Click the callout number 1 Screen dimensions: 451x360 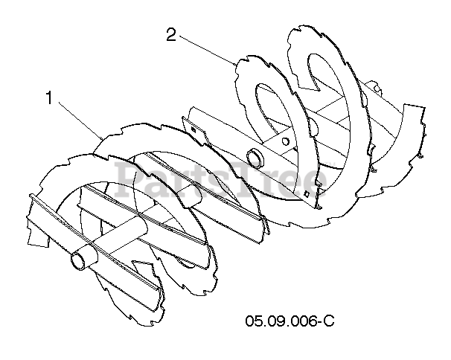pos(50,98)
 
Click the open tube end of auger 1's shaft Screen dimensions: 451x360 pos(77,261)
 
